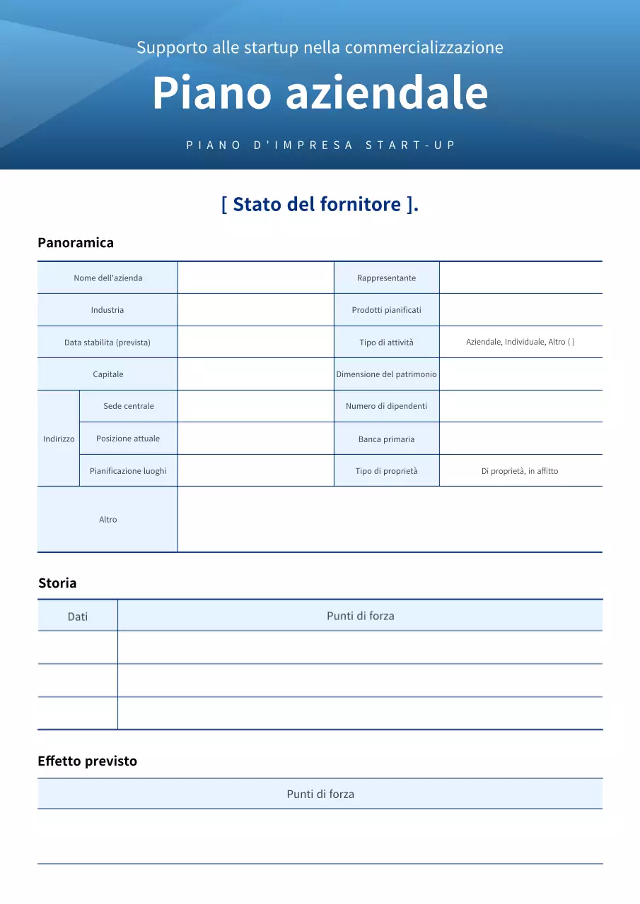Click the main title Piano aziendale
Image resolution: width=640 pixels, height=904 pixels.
pyautogui.click(x=320, y=93)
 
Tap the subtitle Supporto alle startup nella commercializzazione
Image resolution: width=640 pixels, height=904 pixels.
pyautogui.click(x=320, y=47)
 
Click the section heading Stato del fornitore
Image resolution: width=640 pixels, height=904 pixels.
pyautogui.click(x=320, y=204)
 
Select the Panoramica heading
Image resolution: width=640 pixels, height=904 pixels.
pyautogui.click(x=76, y=243)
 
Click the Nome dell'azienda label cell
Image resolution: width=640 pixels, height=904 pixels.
pyautogui.click(x=108, y=278)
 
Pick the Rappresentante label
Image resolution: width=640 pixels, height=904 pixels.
pyautogui.click(x=386, y=278)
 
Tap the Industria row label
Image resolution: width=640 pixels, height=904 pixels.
pyautogui.click(x=107, y=310)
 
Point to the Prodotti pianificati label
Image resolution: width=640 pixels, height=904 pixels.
pyautogui.click(x=386, y=310)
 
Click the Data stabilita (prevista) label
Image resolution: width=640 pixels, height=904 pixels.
pyautogui.click(x=107, y=343)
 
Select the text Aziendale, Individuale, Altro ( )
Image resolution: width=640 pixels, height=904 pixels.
pyautogui.click(x=520, y=342)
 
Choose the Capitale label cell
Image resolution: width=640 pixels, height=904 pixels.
pyautogui.click(x=108, y=374)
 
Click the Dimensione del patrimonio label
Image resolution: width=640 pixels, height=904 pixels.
pyautogui.click(x=386, y=374)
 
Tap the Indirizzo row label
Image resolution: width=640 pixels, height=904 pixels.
pyautogui.click(x=59, y=439)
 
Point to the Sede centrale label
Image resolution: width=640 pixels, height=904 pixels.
pyautogui.click(x=129, y=406)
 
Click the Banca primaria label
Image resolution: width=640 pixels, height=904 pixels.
pyautogui.click(x=386, y=439)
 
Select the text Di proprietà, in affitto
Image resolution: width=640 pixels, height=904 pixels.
pyautogui.click(x=520, y=471)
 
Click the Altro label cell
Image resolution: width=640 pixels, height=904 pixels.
pyautogui.click(x=108, y=520)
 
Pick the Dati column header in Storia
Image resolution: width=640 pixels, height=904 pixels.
pyautogui.click(x=78, y=617)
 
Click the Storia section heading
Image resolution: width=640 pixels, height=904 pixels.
pyautogui.click(x=57, y=583)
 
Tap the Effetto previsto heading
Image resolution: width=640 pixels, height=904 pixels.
pyautogui.click(x=87, y=761)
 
